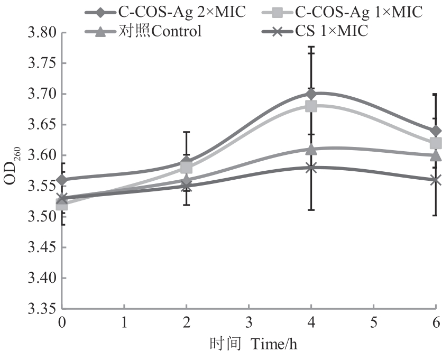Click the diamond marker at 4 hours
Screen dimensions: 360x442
point(311,94)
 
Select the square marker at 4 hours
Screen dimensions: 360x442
point(311,106)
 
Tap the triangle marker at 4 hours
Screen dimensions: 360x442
point(311,149)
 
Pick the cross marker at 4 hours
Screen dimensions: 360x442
point(311,168)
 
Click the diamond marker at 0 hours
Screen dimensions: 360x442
point(62,180)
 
